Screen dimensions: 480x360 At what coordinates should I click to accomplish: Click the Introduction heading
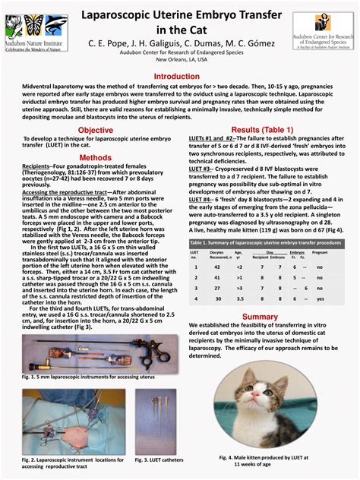pos(180,77)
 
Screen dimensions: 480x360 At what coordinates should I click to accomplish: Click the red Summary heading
pos(261,317)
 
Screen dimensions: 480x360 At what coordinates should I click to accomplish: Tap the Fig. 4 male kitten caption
pos(263,461)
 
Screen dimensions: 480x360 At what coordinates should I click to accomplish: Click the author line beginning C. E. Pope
pos(180,44)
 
